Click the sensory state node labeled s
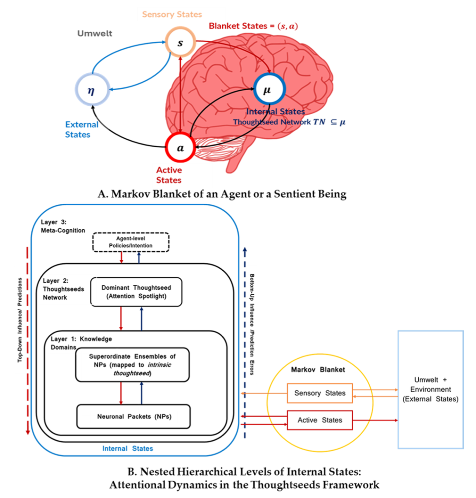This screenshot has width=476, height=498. coord(180,43)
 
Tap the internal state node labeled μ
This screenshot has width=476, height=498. coord(267,90)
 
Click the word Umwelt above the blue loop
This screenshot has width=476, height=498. coord(95,33)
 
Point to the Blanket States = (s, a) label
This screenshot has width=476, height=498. coord(253,26)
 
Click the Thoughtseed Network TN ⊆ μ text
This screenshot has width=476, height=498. coord(289,122)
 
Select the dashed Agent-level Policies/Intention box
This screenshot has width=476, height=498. coord(131,242)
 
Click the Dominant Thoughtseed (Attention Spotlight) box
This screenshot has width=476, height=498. coord(136,292)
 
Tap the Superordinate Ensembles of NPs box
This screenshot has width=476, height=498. coord(132,364)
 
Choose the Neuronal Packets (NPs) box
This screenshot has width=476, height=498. coord(133,416)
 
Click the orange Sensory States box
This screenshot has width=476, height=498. coord(320,393)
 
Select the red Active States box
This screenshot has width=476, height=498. coord(320,420)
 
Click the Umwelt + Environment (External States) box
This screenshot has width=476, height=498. coord(430,389)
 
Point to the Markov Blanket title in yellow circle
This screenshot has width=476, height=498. coord(318,370)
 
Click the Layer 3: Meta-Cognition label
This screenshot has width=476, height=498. coord(63,226)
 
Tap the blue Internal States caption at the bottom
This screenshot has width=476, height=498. coord(127,449)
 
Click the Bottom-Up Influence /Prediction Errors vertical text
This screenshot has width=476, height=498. coord(252,324)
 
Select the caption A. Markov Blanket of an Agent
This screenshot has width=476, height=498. coord(222,194)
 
